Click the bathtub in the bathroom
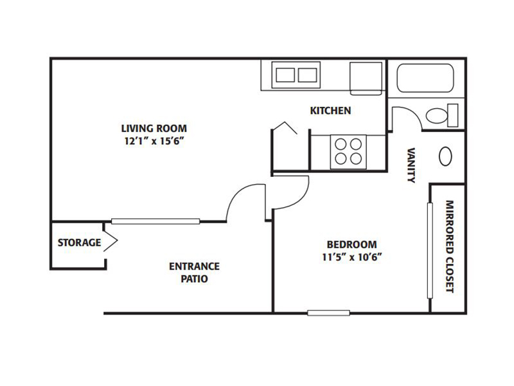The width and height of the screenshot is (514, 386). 425,78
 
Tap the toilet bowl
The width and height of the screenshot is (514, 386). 437,116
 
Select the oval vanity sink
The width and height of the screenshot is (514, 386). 445,156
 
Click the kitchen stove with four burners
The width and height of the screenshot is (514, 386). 348,152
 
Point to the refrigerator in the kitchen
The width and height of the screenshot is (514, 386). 366,78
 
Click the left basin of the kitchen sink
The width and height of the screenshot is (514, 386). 285,75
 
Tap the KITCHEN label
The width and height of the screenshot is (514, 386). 330,111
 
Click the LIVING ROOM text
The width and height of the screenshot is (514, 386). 154,128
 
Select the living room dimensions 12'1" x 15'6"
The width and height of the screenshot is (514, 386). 154,141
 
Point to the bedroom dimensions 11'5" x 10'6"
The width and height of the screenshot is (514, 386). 352,257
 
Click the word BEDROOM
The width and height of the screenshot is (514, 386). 352,244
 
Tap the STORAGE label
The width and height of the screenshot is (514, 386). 79,243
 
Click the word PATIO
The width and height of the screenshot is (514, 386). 195,279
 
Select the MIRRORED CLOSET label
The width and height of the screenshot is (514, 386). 449,246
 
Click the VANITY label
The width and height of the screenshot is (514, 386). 411,165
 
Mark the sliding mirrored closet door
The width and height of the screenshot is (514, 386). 430,251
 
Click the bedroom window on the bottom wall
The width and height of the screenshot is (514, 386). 328,313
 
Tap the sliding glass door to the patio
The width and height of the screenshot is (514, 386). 155,221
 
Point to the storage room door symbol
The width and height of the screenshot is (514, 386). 111,241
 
